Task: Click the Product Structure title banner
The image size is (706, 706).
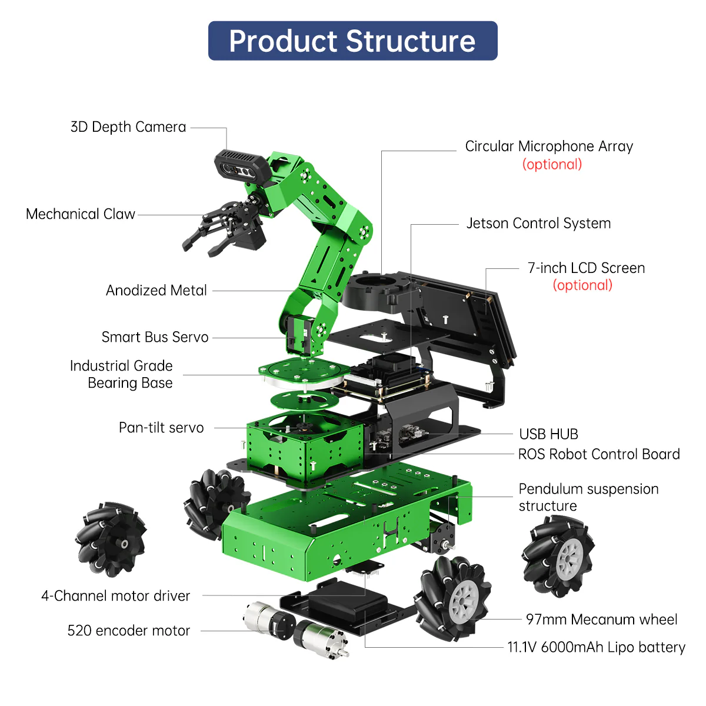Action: tap(352, 41)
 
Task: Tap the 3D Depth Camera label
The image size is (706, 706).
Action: tap(128, 127)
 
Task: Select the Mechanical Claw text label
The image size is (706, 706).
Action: tap(81, 214)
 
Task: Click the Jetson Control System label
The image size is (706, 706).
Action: tap(538, 224)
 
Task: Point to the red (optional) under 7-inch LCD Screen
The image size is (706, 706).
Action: tap(582, 285)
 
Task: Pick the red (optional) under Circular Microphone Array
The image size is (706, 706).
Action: tap(552, 164)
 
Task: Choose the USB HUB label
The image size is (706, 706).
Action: tap(548, 434)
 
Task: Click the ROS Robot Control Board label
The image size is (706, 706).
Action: tap(598, 454)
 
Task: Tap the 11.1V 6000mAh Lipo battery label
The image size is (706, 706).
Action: tap(596, 647)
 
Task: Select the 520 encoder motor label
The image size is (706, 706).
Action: tap(129, 631)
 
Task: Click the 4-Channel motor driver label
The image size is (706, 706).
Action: tap(116, 596)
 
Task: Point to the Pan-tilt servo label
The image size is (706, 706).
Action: tap(161, 428)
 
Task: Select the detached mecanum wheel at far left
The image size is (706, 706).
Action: tap(110, 538)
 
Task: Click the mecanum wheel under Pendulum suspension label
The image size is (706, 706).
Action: tap(558, 556)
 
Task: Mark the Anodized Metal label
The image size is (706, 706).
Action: tap(156, 291)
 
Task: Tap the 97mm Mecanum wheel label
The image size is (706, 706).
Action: tap(601, 620)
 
